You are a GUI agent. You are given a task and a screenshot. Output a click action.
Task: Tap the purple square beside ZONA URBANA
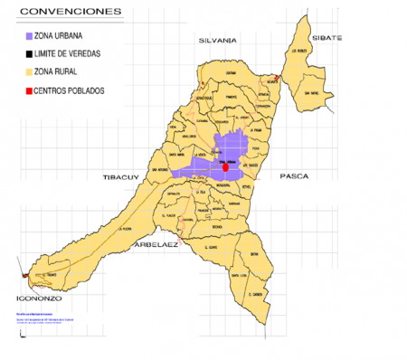click(29, 36)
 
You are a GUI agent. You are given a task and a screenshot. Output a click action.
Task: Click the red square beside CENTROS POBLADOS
click(29, 90)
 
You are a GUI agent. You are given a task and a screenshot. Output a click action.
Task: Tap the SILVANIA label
click(217, 41)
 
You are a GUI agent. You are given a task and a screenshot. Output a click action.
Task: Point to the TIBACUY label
click(118, 176)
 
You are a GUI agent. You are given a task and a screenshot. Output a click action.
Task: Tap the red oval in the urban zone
click(225, 167)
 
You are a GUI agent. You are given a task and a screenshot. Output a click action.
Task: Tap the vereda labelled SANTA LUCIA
click(239, 275)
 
